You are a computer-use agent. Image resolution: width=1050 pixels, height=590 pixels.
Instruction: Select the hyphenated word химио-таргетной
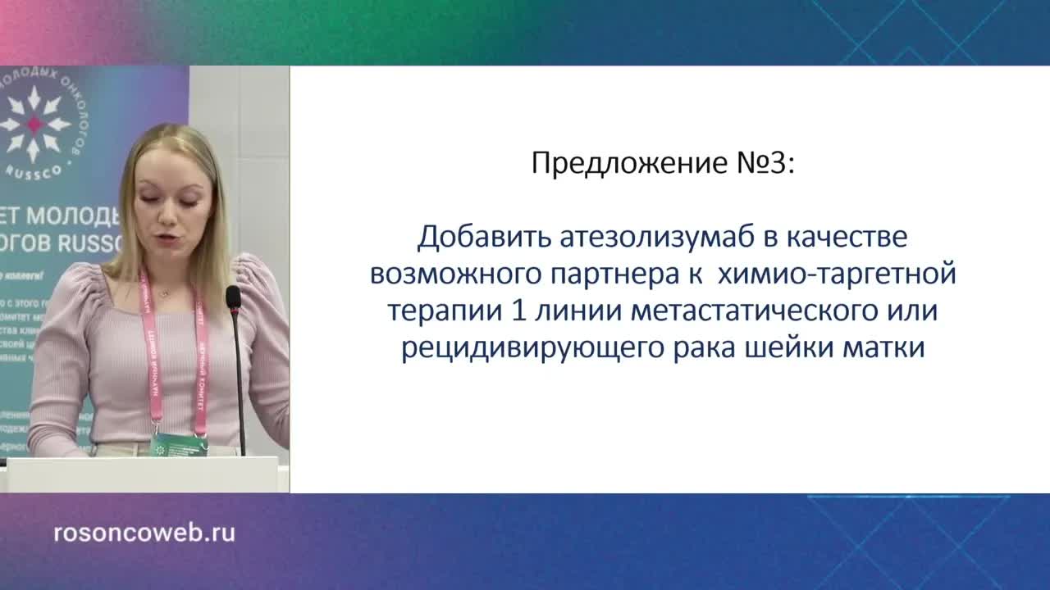pos(837,275)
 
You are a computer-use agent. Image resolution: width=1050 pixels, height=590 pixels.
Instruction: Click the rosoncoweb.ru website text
pos(144,533)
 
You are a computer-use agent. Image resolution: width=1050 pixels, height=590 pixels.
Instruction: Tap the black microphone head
pos(233,297)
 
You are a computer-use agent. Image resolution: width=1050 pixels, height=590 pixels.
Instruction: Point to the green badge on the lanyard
pos(178,445)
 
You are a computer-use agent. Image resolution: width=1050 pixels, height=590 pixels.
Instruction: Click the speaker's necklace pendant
pos(164,292)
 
